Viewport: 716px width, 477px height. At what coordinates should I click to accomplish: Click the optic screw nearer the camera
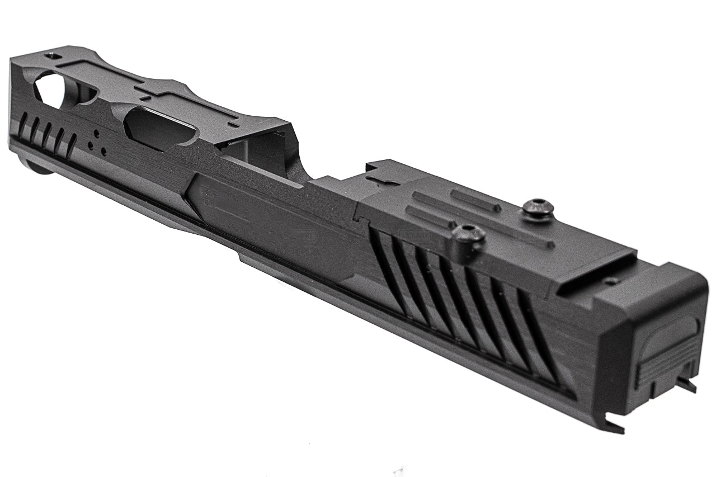[x=468, y=234]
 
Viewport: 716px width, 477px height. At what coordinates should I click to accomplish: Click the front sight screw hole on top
[x=53, y=56]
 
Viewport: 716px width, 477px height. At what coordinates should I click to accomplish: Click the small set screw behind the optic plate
[x=611, y=281]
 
